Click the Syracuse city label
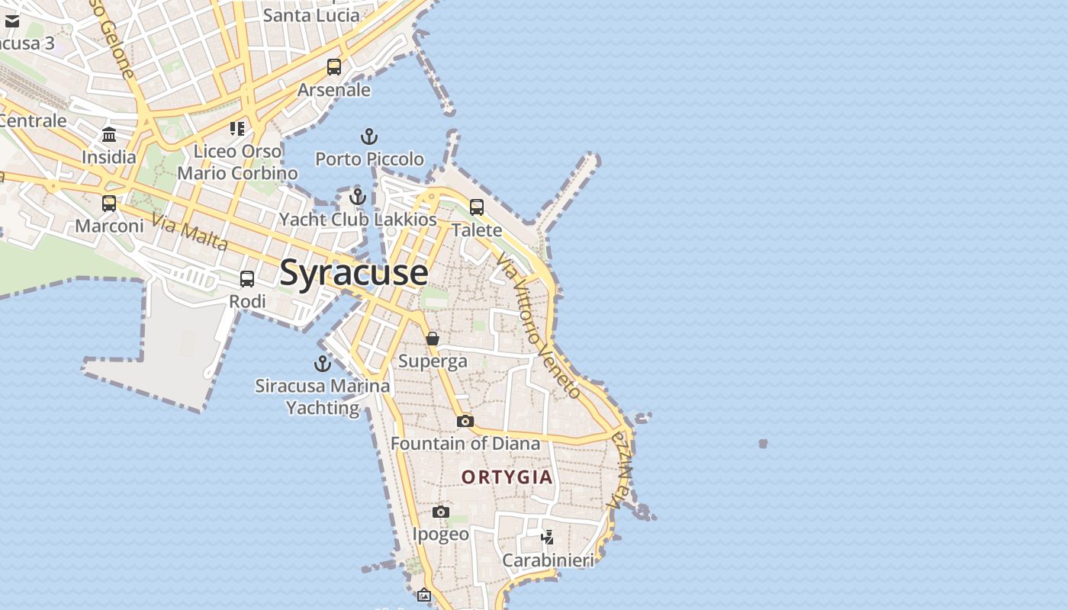coord(353,272)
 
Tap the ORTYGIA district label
coord(507,477)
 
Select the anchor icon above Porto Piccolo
coord(369,136)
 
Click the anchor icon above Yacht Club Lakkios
coord(358,197)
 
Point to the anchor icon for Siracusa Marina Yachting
coord(323,363)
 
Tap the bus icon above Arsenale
coord(334,67)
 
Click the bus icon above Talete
coord(477,207)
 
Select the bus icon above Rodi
coord(247,279)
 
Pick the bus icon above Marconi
coord(109,204)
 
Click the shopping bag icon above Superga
coord(433,339)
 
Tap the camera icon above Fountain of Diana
coord(465,421)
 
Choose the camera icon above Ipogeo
coord(441,512)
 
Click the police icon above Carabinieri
coord(547,538)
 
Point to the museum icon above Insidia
coord(109,135)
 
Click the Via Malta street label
coord(190,232)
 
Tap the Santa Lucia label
coord(310,14)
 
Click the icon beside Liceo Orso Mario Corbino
coord(237,129)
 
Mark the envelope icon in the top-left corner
coord(12,21)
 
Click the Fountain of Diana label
coord(465,443)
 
